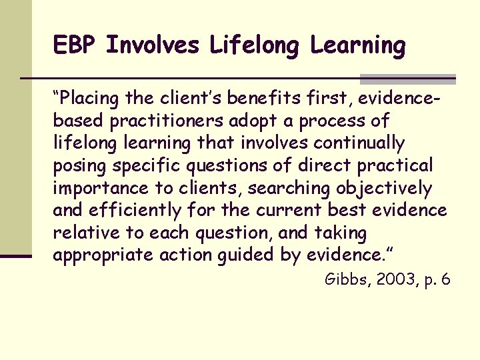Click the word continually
(360, 143)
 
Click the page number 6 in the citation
(445, 279)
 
